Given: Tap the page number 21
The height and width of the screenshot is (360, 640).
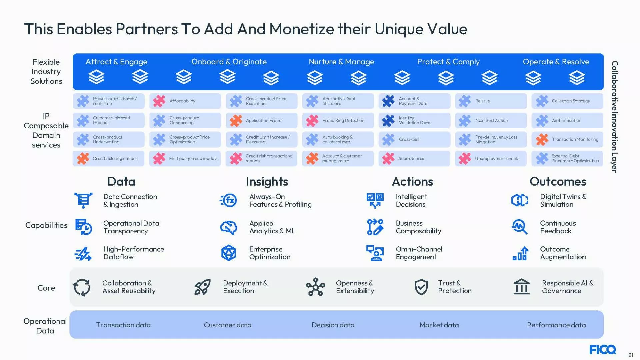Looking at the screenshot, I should tap(631, 355).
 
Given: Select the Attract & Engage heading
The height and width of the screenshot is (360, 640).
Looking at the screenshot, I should tap(116, 62).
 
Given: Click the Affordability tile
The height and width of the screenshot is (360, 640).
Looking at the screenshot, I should tap(185, 101).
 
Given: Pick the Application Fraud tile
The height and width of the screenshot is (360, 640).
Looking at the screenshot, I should tap(262, 120).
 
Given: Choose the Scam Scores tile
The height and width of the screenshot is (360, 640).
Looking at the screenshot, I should tap(414, 159).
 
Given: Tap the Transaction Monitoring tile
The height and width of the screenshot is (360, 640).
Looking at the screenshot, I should tap(567, 139).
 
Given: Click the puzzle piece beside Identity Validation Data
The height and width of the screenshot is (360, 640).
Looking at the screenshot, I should tap(388, 120).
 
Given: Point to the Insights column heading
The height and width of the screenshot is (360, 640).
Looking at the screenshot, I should tap(267, 182).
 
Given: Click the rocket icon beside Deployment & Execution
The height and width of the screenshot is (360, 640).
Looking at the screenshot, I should tap(202, 287).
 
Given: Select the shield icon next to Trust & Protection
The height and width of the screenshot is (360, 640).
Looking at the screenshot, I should tap(421, 287).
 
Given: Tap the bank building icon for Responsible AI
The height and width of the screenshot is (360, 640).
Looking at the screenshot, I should tap(522, 287).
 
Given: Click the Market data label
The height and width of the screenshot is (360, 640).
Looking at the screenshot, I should tap(439, 325).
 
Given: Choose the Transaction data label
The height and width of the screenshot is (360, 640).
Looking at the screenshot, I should tap(123, 325).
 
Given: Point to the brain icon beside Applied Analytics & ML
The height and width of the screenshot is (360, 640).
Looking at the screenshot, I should tap(229, 227).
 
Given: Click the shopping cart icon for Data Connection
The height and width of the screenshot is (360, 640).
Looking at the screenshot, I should tap(83, 200).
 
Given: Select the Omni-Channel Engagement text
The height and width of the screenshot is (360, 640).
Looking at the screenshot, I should tap(419, 253).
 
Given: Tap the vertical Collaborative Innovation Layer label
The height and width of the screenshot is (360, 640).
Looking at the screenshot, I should tap(615, 117).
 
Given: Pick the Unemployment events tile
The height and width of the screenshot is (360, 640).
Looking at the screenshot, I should tap(491, 159).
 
